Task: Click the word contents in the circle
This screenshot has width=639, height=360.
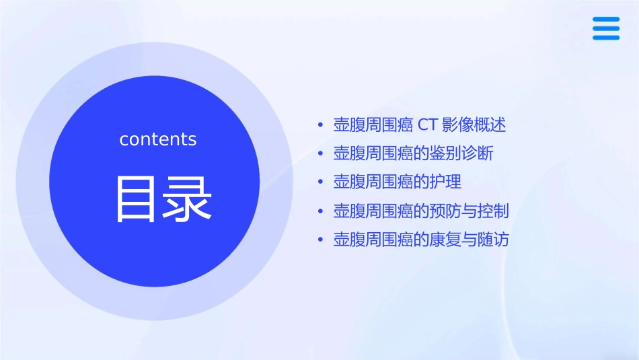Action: pyautogui.click(x=158, y=139)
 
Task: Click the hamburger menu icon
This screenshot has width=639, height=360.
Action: pyautogui.click(x=605, y=29)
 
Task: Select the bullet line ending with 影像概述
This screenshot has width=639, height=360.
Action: pyautogui.click(x=419, y=125)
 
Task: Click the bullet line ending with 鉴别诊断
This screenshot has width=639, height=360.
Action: pyautogui.click(x=413, y=153)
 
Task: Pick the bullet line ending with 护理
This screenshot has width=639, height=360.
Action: pyautogui.click(x=397, y=182)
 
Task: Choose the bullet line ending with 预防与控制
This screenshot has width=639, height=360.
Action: pyautogui.click(x=421, y=211)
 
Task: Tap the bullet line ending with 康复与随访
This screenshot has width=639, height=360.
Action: pyautogui.click(x=421, y=240)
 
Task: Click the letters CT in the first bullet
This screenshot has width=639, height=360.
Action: pyautogui.click(x=428, y=125)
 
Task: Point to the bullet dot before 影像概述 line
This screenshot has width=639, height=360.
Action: pyautogui.click(x=321, y=126)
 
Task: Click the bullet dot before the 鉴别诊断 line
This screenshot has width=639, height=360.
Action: pyautogui.click(x=321, y=154)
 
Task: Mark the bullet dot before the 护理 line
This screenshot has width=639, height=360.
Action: pyautogui.click(x=321, y=182)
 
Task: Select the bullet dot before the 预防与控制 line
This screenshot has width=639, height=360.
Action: pyautogui.click(x=321, y=212)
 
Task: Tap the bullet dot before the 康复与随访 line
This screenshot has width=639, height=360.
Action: pyautogui.click(x=321, y=240)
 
